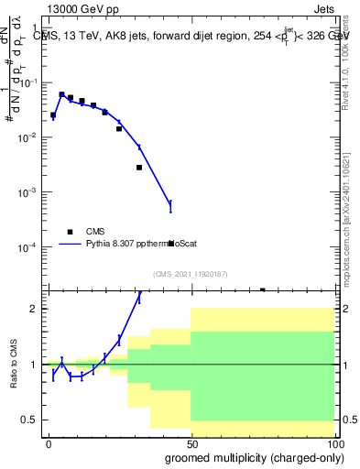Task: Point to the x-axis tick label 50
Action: tap(191, 442)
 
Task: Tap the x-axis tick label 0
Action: tap(49, 442)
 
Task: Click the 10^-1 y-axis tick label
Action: tap(27, 82)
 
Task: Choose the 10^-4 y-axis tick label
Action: tap(27, 248)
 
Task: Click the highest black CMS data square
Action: tap(61, 94)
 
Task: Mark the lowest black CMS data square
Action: tap(263, 289)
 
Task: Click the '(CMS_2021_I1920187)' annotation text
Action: tap(189, 274)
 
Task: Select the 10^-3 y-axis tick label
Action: tap(27, 193)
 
